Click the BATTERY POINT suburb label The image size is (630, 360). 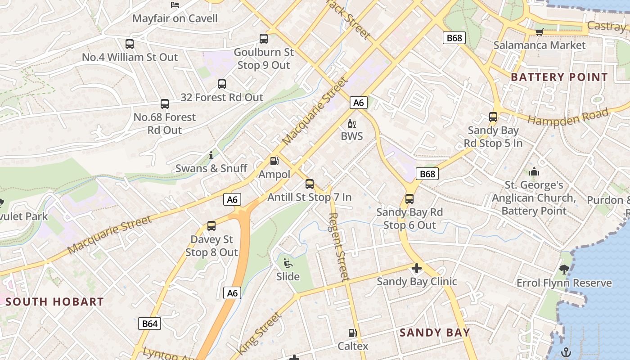coord(559,77)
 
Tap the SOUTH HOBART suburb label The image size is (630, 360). coord(54,301)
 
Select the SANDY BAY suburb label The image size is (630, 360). coord(435,333)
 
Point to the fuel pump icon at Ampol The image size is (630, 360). coord(274,161)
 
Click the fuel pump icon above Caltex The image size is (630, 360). coord(353,333)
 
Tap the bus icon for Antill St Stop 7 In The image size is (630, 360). coord(310,184)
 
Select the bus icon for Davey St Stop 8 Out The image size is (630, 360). coord(211,226)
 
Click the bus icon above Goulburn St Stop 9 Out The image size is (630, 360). coord(264,39)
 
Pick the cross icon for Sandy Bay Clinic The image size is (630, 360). coord(417,269)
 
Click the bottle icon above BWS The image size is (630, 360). coord(351,123)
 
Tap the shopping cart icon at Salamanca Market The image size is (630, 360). coord(539,32)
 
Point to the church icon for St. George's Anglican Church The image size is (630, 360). coord(534,171)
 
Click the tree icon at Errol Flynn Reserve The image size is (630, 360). coord(564,270)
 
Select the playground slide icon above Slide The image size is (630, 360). coord(288,263)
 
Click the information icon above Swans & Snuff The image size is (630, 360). coord(211,156)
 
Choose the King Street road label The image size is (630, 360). coord(259,332)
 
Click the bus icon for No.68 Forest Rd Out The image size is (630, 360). coord(165,104)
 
